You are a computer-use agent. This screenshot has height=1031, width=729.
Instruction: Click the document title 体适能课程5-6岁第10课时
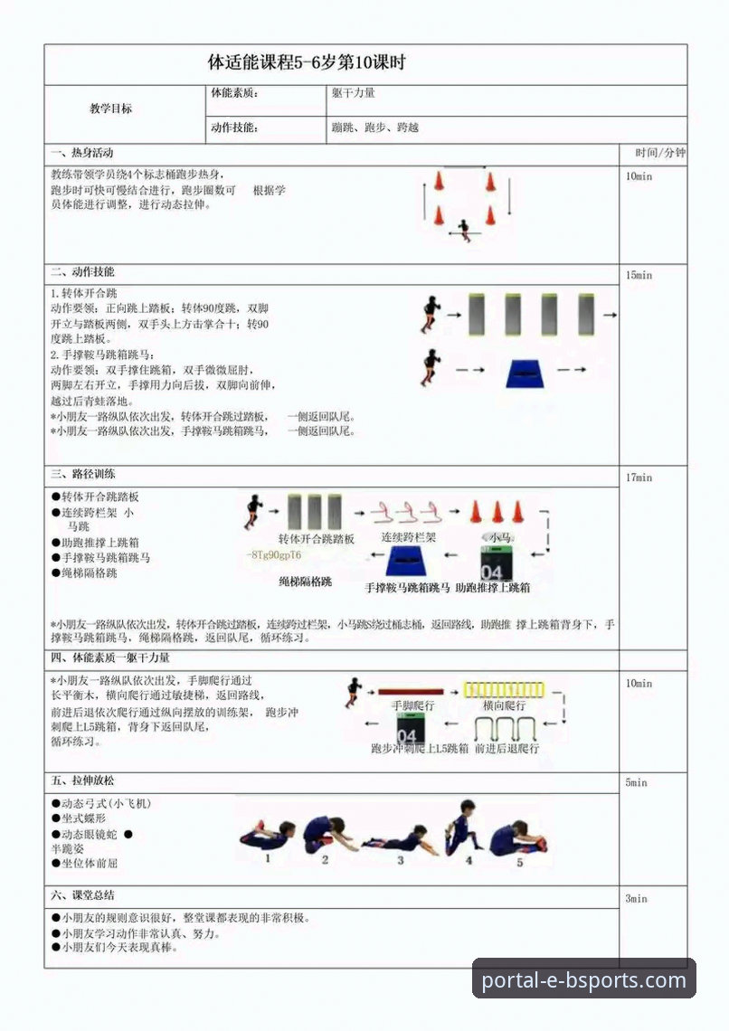click(x=307, y=63)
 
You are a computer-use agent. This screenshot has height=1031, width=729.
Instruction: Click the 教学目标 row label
click(x=110, y=109)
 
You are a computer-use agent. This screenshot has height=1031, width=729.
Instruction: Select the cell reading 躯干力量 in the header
click(x=354, y=92)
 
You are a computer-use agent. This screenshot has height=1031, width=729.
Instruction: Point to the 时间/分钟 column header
click(x=659, y=153)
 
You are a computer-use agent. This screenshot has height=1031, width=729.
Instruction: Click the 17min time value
click(x=639, y=478)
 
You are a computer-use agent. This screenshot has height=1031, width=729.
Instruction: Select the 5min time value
click(x=636, y=782)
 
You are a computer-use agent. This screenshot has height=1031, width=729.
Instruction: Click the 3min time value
click(x=636, y=899)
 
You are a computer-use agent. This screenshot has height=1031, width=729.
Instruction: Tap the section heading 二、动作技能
click(x=82, y=272)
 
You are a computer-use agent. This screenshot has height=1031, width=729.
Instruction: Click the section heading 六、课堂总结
click(x=82, y=895)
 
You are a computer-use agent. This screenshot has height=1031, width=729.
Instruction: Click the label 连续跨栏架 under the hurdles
click(x=408, y=537)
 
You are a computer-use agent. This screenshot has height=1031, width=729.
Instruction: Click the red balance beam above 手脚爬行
click(x=411, y=690)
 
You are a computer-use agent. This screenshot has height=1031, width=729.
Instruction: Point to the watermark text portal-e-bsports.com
click(x=583, y=980)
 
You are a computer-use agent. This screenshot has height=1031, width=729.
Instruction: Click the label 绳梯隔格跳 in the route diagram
click(x=305, y=582)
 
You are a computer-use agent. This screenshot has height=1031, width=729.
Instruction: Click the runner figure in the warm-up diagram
click(x=464, y=227)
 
